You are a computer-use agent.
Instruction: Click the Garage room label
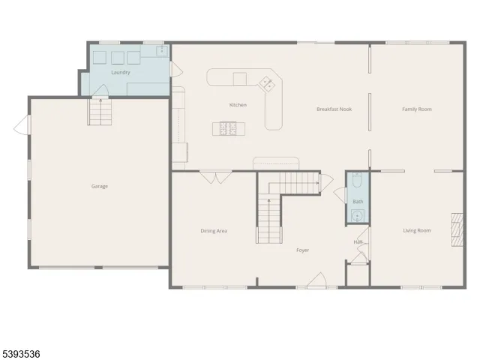(x=100, y=186)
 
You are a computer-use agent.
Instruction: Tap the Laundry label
(x=120, y=73)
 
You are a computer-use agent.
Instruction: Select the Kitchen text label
(x=238, y=105)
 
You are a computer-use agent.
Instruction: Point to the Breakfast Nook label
(x=334, y=109)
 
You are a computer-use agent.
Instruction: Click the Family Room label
(x=416, y=109)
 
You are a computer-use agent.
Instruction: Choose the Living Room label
(x=416, y=230)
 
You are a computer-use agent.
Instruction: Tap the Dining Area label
(x=214, y=230)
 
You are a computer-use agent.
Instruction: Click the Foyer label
(x=302, y=250)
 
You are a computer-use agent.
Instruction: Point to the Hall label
(x=358, y=241)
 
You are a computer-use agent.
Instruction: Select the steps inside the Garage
(x=100, y=112)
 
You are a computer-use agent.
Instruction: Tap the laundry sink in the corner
(x=161, y=51)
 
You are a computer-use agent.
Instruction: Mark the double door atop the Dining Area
(x=217, y=178)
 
